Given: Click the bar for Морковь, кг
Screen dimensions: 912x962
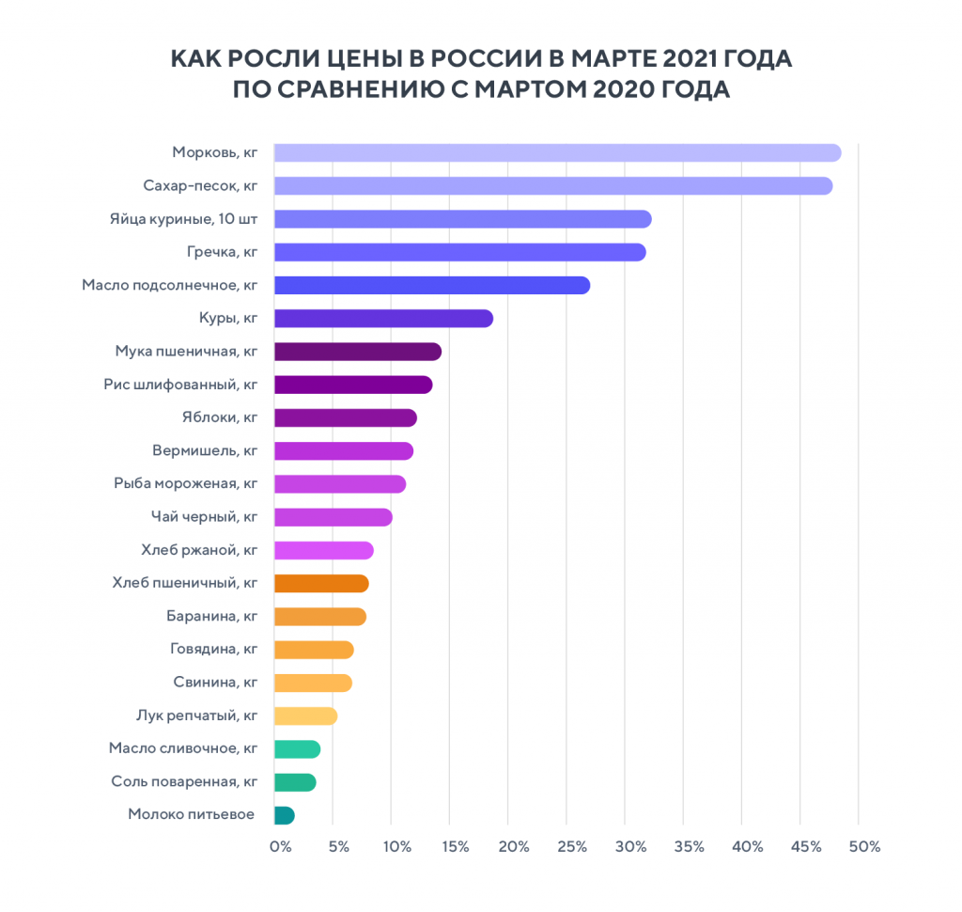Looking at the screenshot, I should pos(556,153).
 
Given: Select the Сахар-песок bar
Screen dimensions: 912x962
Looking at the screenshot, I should pos(552,186).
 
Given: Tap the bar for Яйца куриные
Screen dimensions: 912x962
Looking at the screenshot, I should pos(462,219).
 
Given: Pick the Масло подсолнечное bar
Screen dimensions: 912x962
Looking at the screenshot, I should pos(431,285).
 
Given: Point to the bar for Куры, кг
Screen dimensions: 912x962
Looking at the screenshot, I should pos(383,319).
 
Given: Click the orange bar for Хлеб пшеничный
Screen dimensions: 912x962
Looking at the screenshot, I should pos(321,584).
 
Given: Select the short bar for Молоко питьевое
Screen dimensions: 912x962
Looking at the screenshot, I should pos(284,815).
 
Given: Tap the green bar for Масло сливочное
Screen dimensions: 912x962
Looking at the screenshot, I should pos(297,749).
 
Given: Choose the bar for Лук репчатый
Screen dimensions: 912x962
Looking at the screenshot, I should pos(305,716).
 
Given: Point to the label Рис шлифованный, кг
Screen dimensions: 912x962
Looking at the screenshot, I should pos(180,385).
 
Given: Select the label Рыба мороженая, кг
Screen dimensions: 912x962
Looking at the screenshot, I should pos(185,484).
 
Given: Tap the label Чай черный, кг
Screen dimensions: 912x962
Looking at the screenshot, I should pos(204,517).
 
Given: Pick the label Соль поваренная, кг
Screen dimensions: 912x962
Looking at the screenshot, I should pos(184,782).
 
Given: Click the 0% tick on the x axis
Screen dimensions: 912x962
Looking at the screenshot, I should pos(280,847).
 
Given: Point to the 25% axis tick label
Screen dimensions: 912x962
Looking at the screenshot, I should pos(573,847).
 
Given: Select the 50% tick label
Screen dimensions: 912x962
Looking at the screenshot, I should pos(863,847).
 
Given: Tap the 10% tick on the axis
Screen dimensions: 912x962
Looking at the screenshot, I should pos(396,847).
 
